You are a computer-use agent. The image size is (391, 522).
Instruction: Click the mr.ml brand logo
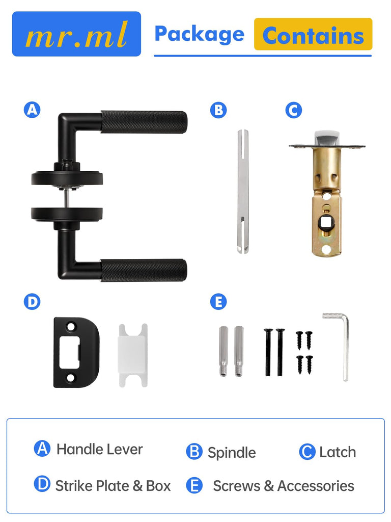coord(76,34)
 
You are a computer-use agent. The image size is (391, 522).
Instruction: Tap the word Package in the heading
coord(200,35)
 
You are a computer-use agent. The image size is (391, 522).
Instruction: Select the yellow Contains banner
coord(313,34)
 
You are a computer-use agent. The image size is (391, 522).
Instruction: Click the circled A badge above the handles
coord(32,110)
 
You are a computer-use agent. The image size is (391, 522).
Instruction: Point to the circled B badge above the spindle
coord(218,110)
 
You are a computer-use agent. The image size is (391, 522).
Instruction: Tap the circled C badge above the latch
coord(294,110)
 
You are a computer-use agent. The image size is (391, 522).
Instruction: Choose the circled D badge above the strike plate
coord(32,302)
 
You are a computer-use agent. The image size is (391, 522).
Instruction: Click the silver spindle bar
coord(243,192)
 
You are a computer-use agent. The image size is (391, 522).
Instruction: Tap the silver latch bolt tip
coord(327,138)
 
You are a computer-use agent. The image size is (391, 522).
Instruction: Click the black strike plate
coord(76,352)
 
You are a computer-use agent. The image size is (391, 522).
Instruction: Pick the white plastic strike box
coord(133,355)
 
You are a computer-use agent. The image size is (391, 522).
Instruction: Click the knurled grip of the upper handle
coord(144,122)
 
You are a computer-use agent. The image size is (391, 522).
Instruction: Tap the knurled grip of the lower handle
coord(144,270)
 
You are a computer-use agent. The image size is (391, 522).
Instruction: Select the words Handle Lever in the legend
coord(99,449)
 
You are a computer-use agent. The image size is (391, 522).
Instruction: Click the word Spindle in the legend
coord(232,453)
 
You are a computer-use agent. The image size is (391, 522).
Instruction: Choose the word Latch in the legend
coord(338,452)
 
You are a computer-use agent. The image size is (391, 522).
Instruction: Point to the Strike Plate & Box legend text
coord(113,486)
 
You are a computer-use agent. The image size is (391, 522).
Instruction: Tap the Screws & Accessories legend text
coord(283,486)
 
